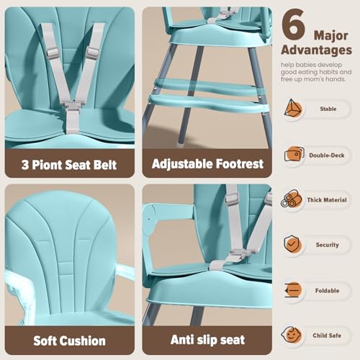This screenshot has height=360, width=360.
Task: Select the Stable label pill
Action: [x=327, y=109]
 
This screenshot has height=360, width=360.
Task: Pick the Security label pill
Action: [x=327, y=245]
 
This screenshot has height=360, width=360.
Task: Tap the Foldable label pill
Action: [x=327, y=289]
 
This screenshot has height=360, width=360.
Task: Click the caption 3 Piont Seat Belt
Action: [x=69, y=163]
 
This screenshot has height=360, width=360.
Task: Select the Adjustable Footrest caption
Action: [x=207, y=163]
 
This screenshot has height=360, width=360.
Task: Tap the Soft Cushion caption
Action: [x=69, y=340]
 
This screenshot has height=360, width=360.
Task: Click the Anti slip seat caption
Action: [x=207, y=340]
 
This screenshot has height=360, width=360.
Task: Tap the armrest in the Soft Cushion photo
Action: [x=125, y=271]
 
